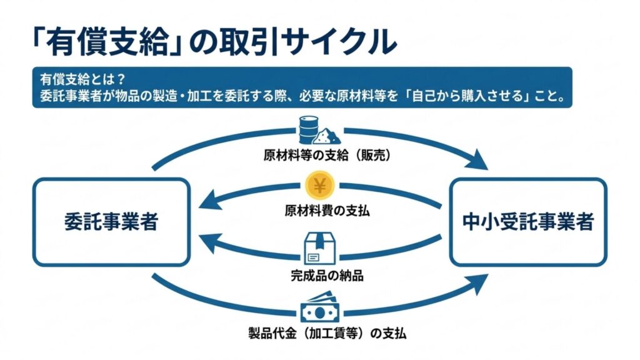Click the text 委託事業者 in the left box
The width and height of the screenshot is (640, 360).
[111, 222]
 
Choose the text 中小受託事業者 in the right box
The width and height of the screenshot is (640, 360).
[529, 222]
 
